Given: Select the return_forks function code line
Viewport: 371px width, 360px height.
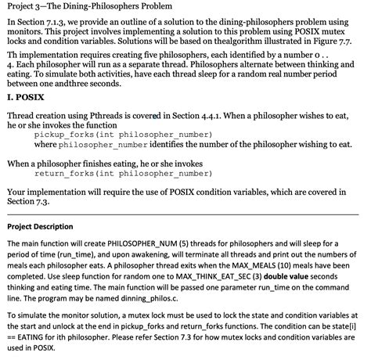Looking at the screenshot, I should tap(116, 174).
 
